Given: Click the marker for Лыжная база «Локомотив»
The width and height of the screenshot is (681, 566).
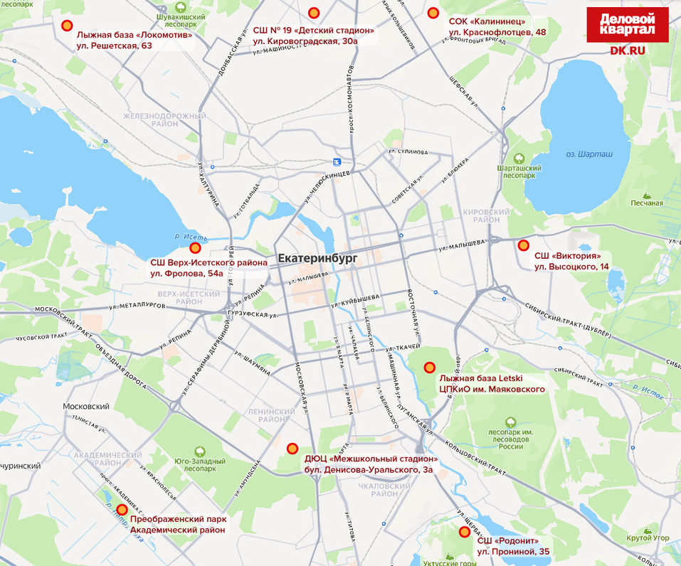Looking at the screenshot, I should [67, 26].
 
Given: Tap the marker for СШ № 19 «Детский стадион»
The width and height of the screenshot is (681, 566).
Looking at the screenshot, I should [314, 13].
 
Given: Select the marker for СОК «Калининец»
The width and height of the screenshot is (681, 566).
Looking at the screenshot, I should [433, 13].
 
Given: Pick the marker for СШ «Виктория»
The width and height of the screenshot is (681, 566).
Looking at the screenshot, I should [524, 245].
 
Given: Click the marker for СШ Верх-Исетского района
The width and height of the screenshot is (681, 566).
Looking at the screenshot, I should [195, 248].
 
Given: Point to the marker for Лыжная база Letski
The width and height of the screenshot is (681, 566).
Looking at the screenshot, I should [429, 368].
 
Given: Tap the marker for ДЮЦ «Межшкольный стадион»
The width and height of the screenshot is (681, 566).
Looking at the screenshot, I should [292, 448].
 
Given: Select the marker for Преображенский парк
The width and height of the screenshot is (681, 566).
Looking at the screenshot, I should [122, 510].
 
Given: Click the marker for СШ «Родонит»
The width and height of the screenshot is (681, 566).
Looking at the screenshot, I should [465, 532].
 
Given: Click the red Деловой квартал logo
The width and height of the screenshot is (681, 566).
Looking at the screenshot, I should [627, 25].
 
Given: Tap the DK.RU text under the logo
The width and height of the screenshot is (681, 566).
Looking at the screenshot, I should [627, 50].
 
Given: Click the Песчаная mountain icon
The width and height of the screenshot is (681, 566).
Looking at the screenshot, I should [646, 194].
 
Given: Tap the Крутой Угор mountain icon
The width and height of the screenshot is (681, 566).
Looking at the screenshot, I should [648, 529].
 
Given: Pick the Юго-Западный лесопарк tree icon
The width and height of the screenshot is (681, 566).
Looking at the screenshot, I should [200, 451].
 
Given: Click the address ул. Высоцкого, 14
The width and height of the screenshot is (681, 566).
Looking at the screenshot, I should [571, 267].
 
